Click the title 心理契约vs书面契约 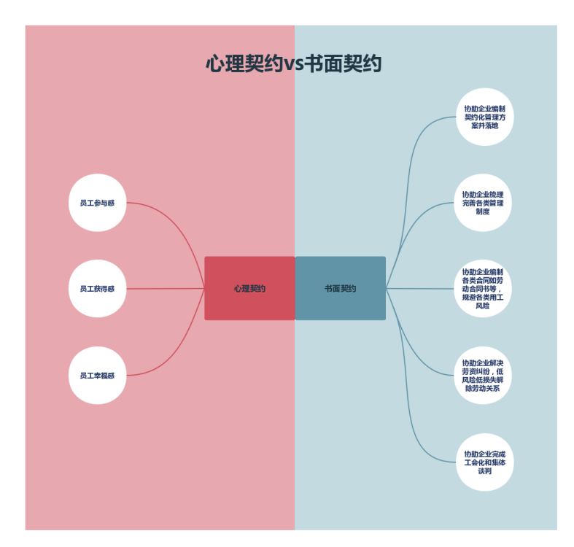293,64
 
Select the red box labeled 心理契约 249,288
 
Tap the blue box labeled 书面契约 341,288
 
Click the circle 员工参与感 97,203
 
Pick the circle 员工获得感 97,289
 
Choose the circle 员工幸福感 97,376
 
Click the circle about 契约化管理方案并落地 484,117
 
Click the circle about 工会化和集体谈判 484,462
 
